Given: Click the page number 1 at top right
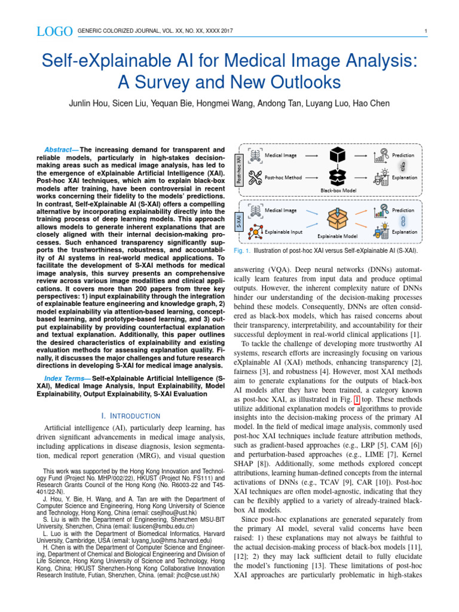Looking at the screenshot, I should tap(424, 31).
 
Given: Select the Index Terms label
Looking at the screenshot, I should tap(67, 379).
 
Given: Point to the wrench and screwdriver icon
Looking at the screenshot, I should tap(255, 178).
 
